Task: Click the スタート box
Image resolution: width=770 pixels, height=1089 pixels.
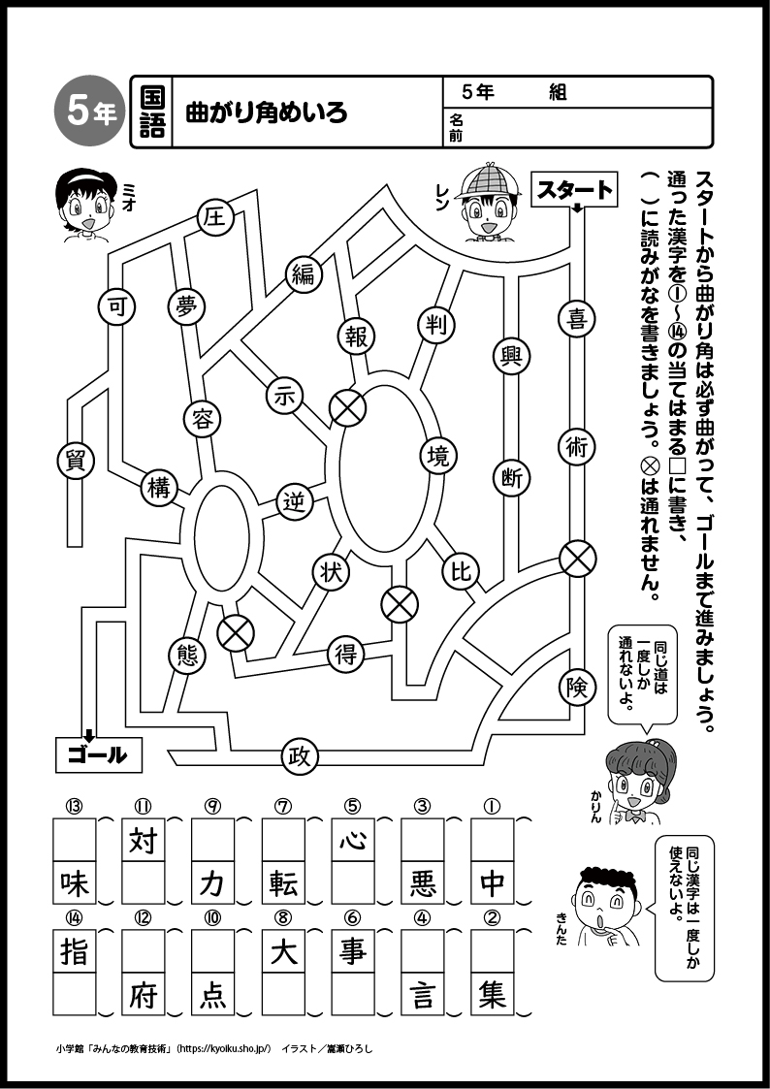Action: click(576, 190)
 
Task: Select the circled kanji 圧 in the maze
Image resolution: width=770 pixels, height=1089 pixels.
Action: click(214, 219)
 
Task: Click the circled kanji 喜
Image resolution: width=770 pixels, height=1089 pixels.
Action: click(577, 319)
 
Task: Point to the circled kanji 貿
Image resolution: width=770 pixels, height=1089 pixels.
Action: click(76, 461)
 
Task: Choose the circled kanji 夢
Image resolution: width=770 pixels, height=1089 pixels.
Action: click(186, 305)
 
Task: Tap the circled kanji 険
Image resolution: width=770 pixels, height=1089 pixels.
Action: click(577, 687)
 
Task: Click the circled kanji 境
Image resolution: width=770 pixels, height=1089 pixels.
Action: click(439, 454)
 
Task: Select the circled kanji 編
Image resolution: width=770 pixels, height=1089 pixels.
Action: click(304, 274)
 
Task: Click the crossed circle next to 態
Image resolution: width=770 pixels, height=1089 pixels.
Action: click(234, 633)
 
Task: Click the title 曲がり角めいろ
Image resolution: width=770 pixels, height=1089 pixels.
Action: click(266, 113)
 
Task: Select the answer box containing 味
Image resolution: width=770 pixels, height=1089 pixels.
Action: click(74, 882)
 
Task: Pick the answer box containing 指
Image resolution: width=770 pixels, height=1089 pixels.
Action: click(74, 951)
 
